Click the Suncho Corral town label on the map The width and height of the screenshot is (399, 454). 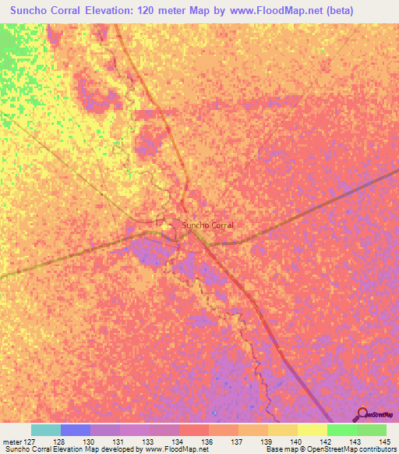point(207,225)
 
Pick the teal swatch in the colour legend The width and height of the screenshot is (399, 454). point(45,430)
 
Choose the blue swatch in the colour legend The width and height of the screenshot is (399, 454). point(75,430)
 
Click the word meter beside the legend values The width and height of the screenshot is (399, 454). point(13,442)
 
